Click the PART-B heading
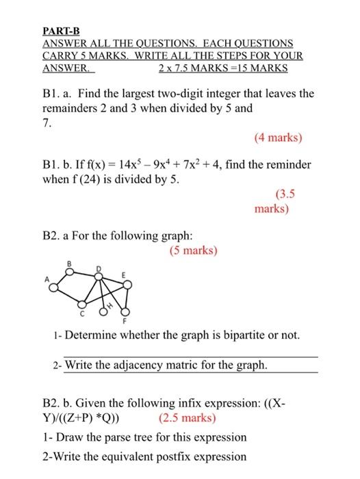pos(61,31)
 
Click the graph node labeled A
pos(52,286)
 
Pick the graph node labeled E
pos(123,283)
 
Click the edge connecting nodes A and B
pos(61,279)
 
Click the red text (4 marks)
pos(277,138)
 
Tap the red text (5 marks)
pos(192,250)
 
